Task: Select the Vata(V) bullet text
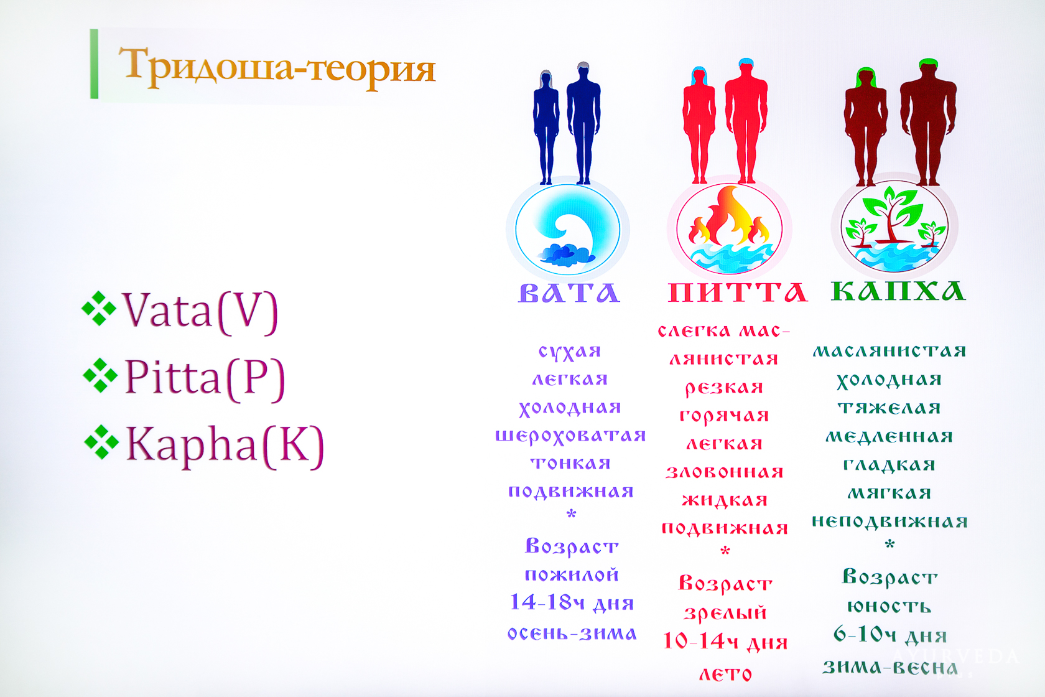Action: click(200, 311)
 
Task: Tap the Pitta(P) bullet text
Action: click(204, 378)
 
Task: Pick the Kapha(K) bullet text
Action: click(225, 446)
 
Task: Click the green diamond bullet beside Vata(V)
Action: click(99, 308)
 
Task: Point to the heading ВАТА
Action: click(569, 292)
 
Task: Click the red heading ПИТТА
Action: click(738, 292)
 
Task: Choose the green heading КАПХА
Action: click(898, 291)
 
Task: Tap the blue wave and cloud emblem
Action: click(568, 229)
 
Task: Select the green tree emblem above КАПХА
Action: click(894, 227)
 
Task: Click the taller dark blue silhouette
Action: click(583, 123)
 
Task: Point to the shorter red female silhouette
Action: click(699, 124)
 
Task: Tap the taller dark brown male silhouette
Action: click(928, 123)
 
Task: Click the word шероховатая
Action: click(570, 436)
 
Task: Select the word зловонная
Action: click(725, 472)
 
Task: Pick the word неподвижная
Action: click(889, 522)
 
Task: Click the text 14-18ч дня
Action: click(572, 602)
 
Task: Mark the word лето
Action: click(725, 674)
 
